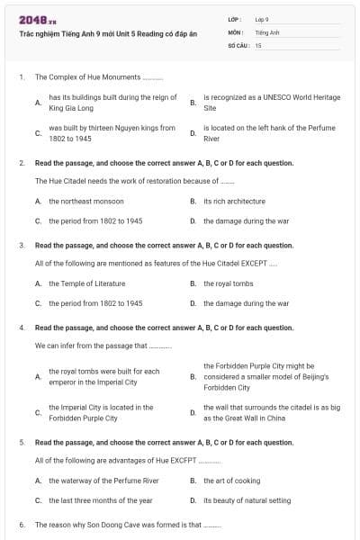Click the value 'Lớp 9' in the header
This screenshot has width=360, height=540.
(x=262, y=18)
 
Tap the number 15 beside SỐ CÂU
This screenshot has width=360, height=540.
(x=258, y=44)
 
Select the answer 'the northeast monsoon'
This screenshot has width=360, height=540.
(x=86, y=201)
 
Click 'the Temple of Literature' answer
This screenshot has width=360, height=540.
(x=87, y=283)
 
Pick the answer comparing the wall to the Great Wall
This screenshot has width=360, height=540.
(x=271, y=412)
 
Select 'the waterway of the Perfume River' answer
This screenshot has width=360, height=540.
(x=103, y=481)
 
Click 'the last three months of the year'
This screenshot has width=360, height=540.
(x=101, y=500)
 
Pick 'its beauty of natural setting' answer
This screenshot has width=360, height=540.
(x=247, y=500)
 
